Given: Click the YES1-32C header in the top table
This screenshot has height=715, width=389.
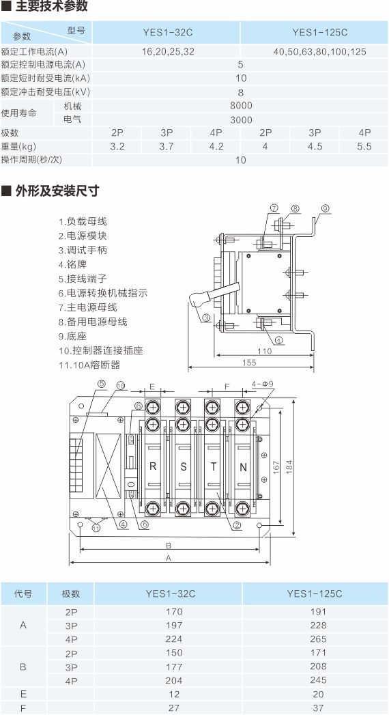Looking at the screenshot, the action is click(168, 32).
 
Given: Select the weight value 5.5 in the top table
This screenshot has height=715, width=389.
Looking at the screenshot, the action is click(364, 146).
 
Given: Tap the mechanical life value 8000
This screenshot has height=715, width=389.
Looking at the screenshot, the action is click(241, 106).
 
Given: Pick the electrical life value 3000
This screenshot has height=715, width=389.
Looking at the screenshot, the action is click(241, 120).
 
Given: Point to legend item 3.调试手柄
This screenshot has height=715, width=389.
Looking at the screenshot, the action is click(83, 250).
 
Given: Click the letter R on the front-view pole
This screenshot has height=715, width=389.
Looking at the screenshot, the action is click(153, 466).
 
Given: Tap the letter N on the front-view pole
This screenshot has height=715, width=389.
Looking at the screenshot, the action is click(243, 467).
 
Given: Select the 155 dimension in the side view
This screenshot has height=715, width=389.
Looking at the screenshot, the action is click(250, 363).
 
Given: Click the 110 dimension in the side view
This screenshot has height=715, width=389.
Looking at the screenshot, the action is click(264, 350).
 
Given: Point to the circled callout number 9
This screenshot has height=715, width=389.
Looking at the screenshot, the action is click(325, 208).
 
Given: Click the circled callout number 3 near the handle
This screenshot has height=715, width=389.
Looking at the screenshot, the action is click(206, 318).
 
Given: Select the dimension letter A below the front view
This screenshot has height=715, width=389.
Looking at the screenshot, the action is click(168, 558).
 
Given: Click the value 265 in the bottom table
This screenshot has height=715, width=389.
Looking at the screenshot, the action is click(318, 639).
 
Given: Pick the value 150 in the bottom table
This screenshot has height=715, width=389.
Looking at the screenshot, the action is click(174, 653).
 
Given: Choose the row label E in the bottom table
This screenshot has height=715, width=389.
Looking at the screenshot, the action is click(24, 694).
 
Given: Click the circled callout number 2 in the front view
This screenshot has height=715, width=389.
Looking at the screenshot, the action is click(237, 525).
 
